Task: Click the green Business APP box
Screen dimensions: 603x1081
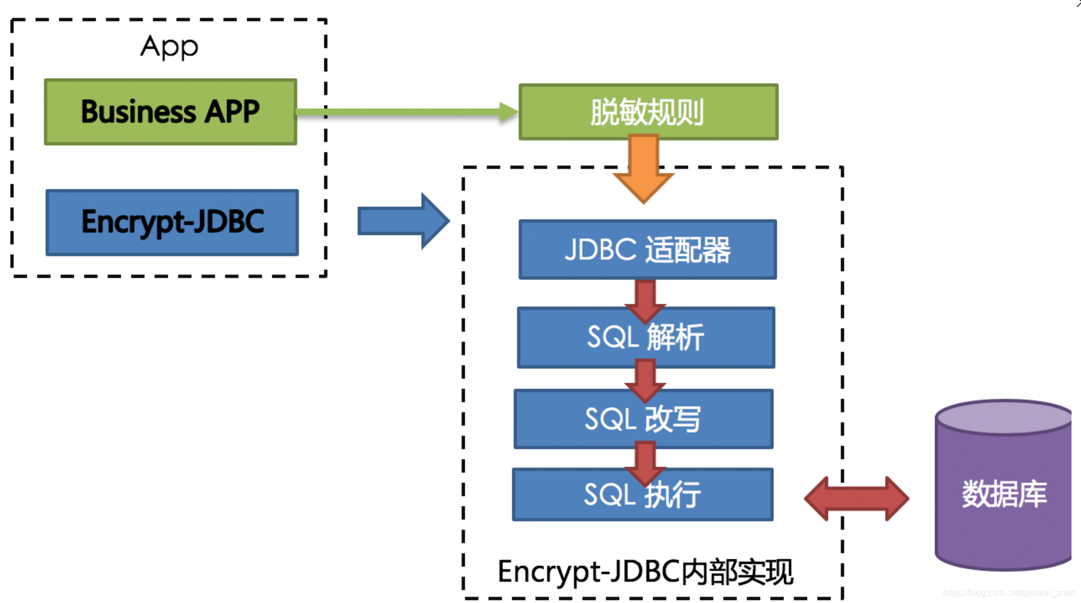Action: [x=171, y=112]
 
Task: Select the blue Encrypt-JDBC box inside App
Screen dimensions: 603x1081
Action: [x=172, y=223]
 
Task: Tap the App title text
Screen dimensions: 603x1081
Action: [x=169, y=47]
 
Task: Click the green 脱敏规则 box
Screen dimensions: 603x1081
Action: [x=648, y=112]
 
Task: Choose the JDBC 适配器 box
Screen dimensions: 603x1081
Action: [x=648, y=249]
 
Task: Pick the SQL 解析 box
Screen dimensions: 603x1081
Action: [x=646, y=338]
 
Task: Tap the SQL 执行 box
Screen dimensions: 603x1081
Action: [x=643, y=495]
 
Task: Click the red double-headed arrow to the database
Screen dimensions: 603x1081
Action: [x=856, y=498]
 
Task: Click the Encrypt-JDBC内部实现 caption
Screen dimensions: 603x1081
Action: [x=645, y=572]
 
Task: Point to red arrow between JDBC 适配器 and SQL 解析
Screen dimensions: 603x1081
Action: [x=645, y=299]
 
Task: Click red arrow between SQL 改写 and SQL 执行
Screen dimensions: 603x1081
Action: [x=645, y=461]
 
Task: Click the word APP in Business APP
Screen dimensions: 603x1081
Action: [x=232, y=112]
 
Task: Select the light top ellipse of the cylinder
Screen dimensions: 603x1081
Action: [x=1004, y=417]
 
